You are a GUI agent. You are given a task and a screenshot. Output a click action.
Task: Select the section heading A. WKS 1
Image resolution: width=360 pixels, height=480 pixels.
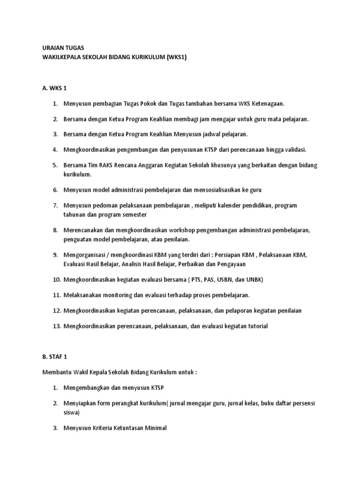(55, 88)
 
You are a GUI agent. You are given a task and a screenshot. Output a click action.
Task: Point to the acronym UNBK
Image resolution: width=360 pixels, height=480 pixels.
(254, 279)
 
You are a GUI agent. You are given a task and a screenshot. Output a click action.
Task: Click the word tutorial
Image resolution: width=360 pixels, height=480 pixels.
(256, 326)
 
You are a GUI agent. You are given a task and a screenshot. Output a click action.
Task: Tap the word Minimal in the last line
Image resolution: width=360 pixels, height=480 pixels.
(155, 427)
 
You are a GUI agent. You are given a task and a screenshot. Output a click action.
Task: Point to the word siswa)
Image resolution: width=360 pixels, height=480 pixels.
(72, 412)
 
